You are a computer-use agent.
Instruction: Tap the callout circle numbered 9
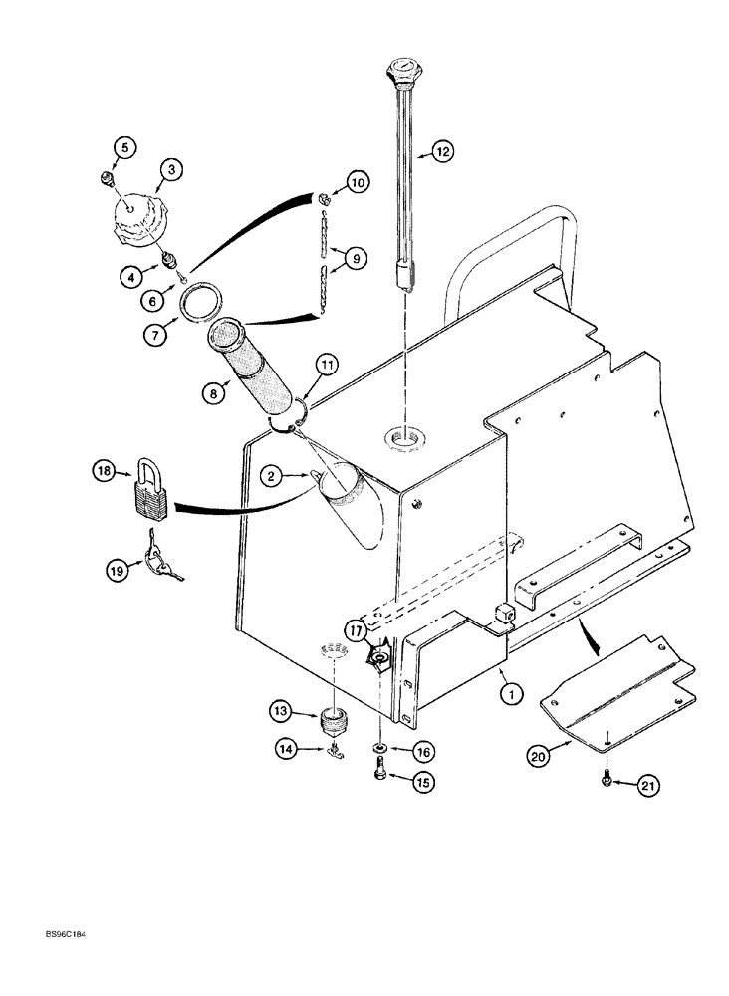click(x=358, y=257)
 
